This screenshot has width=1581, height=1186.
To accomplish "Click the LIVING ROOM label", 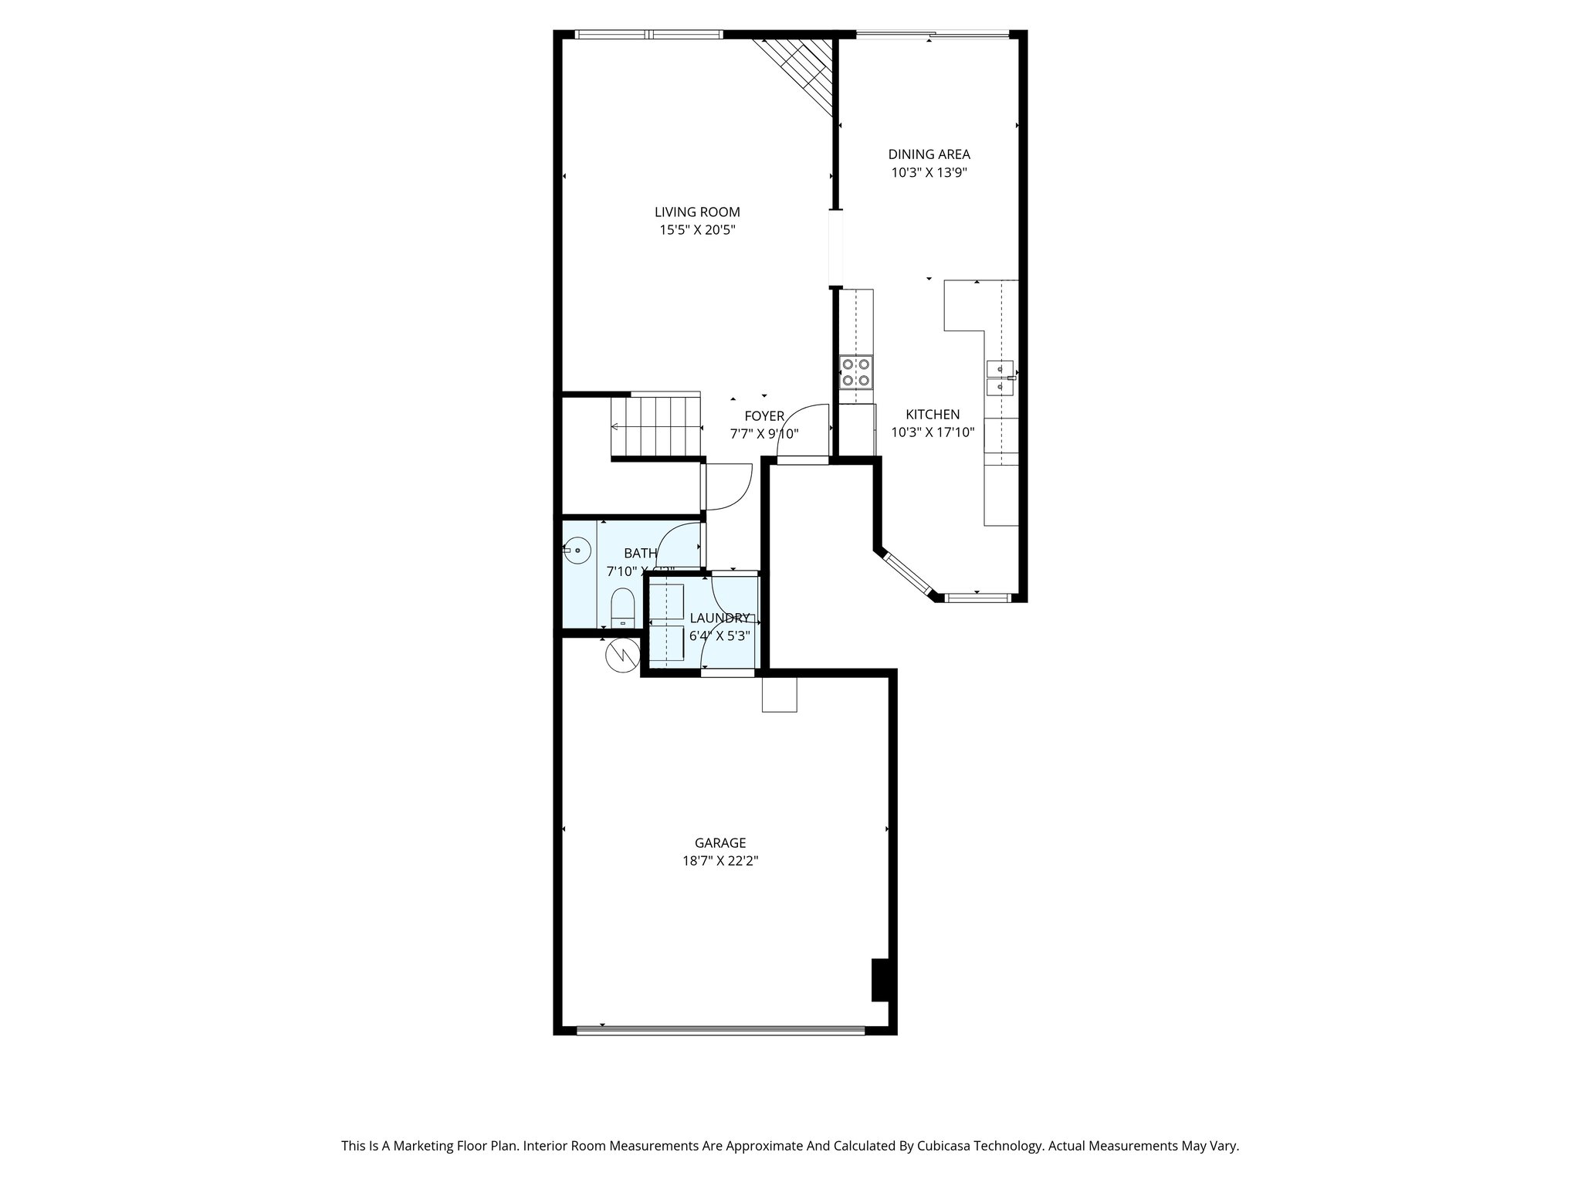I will [x=697, y=212].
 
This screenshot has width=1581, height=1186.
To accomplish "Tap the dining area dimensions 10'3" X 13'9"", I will [x=929, y=173].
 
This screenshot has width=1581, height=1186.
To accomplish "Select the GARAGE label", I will [x=719, y=843].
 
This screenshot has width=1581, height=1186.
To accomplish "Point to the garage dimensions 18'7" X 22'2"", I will [x=719, y=861].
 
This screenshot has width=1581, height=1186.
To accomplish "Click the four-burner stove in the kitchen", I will [x=855, y=371].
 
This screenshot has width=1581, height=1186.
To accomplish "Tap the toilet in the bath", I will [x=622, y=609].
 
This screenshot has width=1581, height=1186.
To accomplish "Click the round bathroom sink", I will [x=577, y=551].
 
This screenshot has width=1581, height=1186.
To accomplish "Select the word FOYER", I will [x=764, y=416].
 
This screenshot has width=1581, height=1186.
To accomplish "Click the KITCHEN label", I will [x=933, y=415].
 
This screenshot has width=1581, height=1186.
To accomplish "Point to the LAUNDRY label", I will [x=719, y=618].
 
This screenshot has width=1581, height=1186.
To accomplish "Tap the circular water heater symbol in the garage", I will [x=623, y=656].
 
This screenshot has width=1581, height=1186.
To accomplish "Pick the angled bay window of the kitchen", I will [x=907, y=574].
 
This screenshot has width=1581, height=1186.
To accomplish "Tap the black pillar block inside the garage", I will [x=881, y=979].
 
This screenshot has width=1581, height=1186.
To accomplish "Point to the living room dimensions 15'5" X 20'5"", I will [x=697, y=229].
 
